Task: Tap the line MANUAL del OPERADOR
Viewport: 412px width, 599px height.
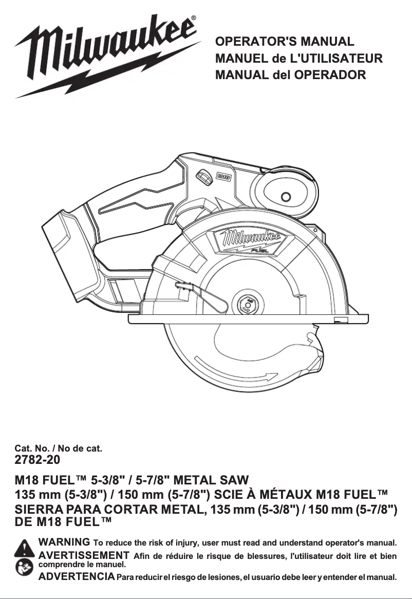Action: tap(291, 75)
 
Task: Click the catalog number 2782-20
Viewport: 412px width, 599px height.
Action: tap(38, 459)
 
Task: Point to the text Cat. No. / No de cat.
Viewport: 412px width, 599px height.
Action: tap(58, 448)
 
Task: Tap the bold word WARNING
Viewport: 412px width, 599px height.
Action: tap(65, 542)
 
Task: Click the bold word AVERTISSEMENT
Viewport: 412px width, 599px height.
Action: tap(84, 555)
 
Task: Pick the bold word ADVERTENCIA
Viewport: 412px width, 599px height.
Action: tap(77, 576)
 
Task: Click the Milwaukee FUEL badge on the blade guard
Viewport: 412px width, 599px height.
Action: tap(252, 240)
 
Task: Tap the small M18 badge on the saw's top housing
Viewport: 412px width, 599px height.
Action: tap(222, 177)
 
